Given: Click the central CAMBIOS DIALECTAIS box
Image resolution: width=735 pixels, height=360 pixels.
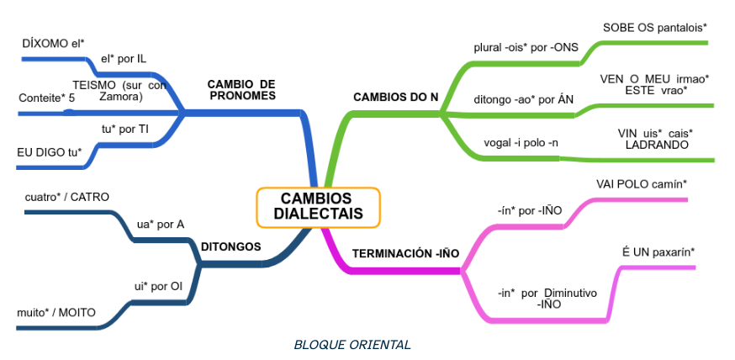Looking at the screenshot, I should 318,206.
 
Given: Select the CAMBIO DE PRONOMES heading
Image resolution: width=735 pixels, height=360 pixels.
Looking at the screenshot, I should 241,90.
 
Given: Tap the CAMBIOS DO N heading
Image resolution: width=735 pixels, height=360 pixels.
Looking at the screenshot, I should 395,97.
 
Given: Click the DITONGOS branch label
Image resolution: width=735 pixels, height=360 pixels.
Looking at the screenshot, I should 230,246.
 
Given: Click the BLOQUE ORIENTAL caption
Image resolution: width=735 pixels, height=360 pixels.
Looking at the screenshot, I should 352,344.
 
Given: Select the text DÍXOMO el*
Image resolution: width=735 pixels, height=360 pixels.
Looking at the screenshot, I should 54,41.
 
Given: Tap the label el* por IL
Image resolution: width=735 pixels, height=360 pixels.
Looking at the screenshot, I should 123,59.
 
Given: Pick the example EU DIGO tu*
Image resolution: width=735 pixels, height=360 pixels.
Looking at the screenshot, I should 49,151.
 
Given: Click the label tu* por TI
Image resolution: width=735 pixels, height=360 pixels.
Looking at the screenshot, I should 124,129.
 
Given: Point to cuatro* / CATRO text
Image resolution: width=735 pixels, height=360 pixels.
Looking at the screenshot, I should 66,197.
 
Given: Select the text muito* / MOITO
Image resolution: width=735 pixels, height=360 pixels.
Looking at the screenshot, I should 56,313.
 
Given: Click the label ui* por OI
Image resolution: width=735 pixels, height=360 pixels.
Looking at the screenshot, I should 158,286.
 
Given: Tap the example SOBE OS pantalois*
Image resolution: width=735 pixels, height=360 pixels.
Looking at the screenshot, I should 654,28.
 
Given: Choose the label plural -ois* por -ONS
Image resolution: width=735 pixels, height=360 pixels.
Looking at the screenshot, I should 526,47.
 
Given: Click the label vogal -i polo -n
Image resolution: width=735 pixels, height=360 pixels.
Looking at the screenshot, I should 521,141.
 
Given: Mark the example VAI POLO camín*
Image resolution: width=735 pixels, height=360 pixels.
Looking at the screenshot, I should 642,183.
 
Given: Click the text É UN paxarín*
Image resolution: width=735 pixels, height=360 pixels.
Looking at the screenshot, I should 658,251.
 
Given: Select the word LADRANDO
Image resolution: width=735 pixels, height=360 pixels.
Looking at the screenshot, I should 657,145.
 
